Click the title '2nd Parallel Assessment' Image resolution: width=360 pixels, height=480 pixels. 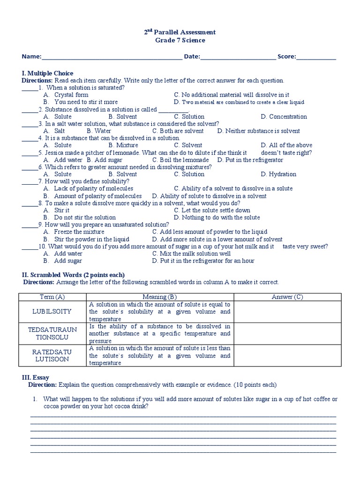pos(180,32)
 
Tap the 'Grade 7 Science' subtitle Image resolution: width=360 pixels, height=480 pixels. pos(180,40)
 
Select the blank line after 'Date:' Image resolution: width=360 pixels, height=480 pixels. pos(238,57)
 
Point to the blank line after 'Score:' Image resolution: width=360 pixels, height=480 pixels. pos(316,57)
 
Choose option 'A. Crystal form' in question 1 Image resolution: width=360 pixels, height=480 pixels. pos(66,95)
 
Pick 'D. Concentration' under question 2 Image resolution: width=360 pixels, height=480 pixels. pos(284,117)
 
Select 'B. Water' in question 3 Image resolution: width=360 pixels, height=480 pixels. pos(99,131)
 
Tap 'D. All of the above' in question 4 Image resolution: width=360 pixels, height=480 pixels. pos(286,145)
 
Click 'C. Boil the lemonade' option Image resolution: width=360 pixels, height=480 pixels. pos(180,160)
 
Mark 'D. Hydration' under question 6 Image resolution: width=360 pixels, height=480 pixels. pos(279,174)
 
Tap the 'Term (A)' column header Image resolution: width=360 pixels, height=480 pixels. pos(53,297)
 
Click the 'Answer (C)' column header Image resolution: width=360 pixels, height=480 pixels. pos(287,297)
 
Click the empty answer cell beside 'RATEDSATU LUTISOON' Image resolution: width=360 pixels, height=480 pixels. pos(287,356)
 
